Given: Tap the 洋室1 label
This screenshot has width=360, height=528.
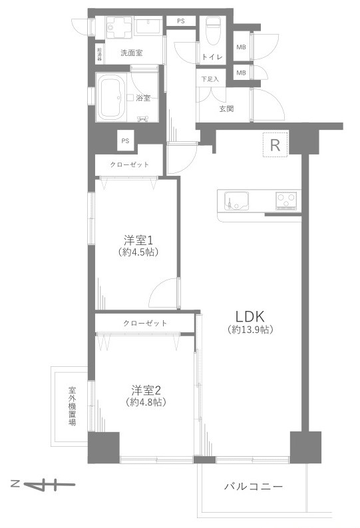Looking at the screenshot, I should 138,239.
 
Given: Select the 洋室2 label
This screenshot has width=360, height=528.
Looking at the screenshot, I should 144,389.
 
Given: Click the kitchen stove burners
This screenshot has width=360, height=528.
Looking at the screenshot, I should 287,198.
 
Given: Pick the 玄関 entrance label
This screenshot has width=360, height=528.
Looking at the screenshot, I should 226,109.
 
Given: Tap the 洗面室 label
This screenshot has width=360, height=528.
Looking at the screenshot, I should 131,53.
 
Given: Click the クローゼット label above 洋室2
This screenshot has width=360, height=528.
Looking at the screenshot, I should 144,324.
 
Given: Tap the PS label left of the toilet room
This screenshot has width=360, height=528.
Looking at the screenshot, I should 181,21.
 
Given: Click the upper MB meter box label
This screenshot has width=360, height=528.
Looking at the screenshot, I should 241,47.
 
